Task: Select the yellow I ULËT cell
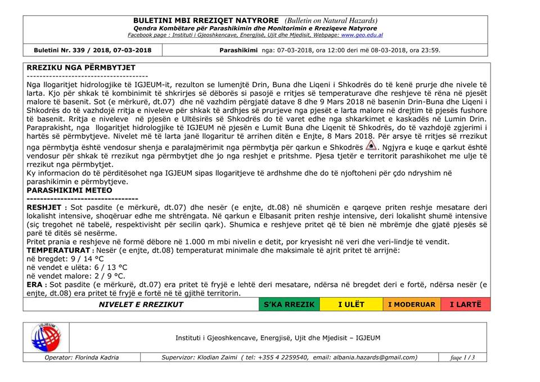coord(351,304)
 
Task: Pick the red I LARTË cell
coord(466,304)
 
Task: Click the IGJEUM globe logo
coord(47,338)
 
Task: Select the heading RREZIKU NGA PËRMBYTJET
coord(81,68)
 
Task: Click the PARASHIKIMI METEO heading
coord(69,190)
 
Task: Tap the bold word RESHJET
coord(44,208)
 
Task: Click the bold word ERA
coord(35,285)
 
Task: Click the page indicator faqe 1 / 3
coord(463,357)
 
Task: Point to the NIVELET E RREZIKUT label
coord(141,304)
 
